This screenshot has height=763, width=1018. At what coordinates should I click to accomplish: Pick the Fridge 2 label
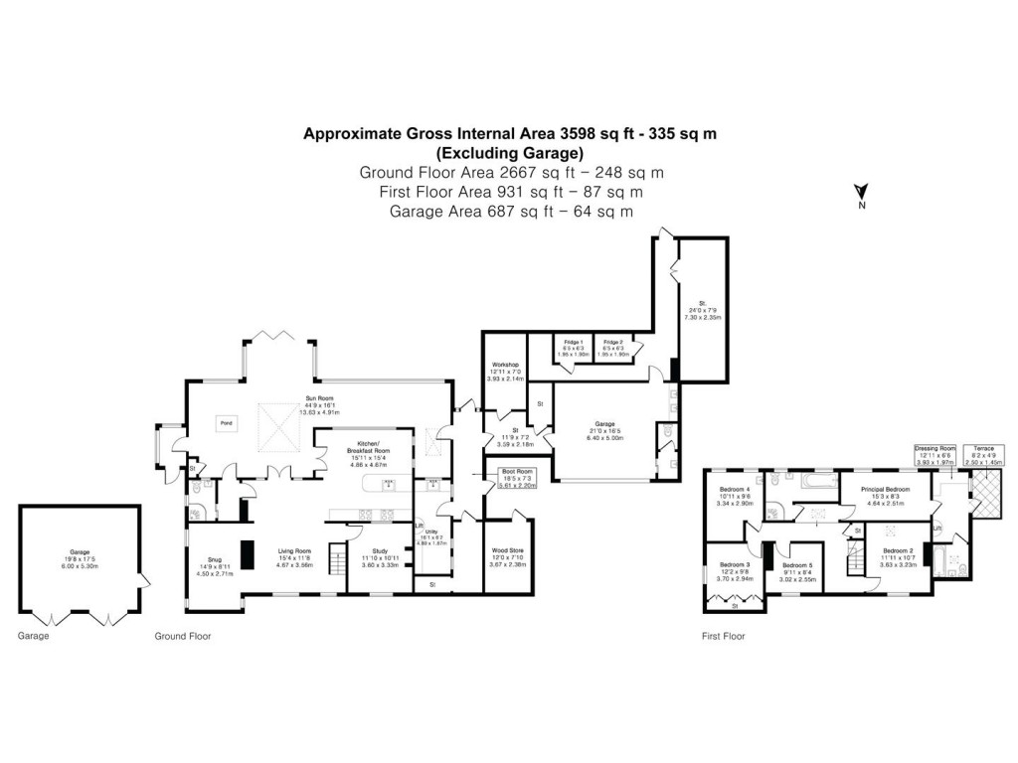click(x=613, y=342)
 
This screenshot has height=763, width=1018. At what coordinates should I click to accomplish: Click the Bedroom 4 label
click(x=735, y=489)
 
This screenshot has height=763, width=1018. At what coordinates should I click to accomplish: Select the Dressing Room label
click(x=933, y=448)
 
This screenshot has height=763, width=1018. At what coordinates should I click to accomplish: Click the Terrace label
click(x=981, y=448)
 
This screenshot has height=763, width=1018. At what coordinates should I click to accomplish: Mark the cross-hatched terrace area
click(x=987, y=492)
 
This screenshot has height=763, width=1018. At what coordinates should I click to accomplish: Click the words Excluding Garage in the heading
click(x=509, y=153)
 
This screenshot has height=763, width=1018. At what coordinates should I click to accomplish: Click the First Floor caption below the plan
click(x=723, y=636)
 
